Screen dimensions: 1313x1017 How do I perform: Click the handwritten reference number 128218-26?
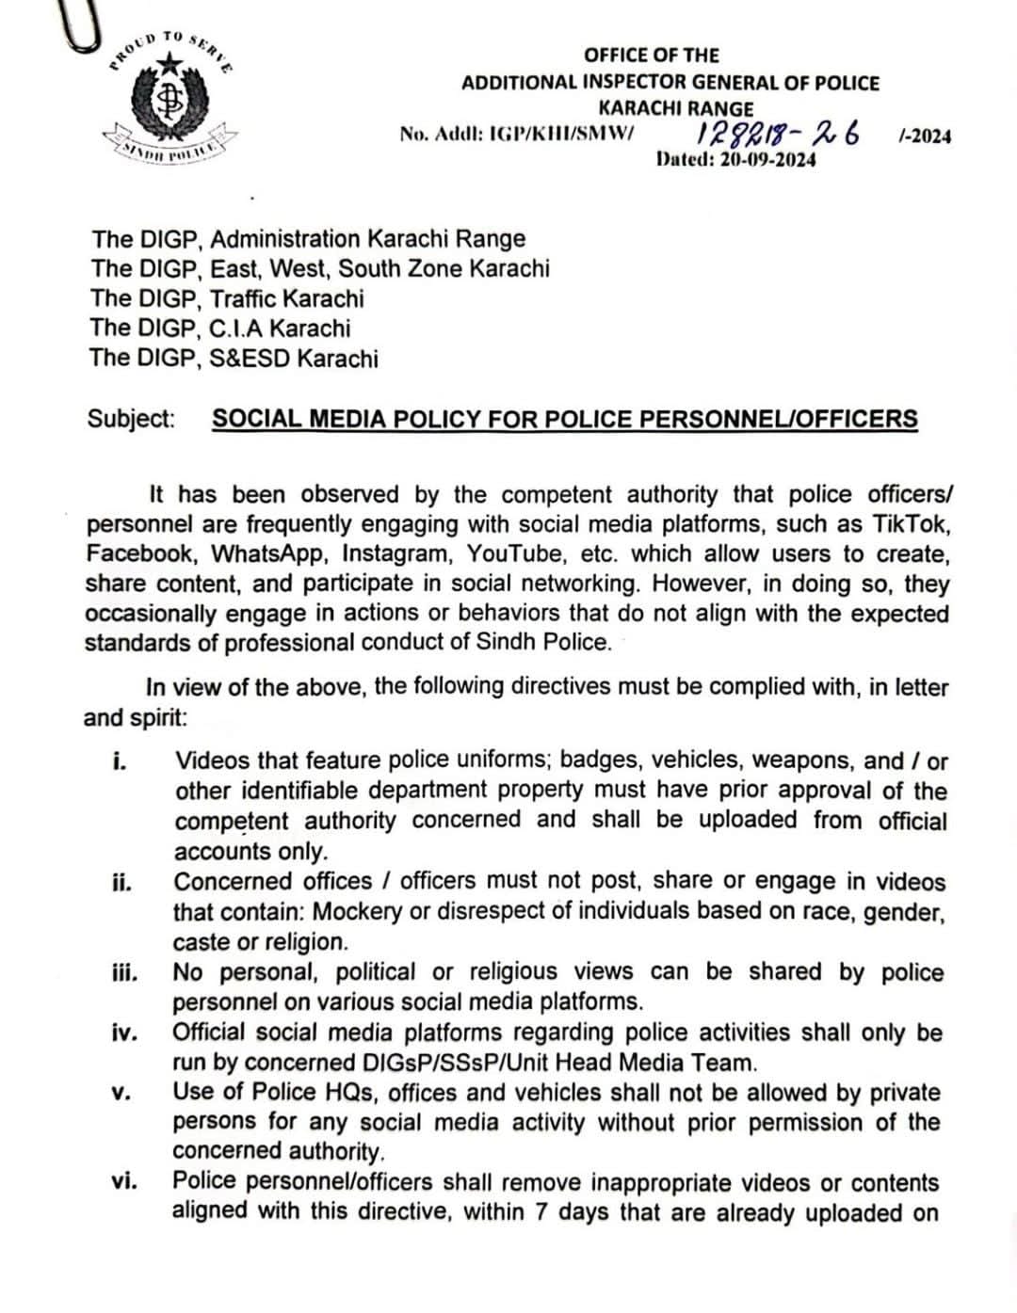click(778, 133)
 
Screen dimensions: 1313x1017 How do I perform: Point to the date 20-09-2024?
click(767, 159)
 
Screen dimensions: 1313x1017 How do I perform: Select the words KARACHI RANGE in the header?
click(676, 109)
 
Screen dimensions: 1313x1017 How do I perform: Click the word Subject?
click(131, 419)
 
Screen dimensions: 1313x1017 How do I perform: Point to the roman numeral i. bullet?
click(119, 761)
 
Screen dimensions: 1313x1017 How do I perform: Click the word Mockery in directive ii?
click(356, 912)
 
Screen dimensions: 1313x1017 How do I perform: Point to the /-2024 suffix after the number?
click(925, 136)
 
